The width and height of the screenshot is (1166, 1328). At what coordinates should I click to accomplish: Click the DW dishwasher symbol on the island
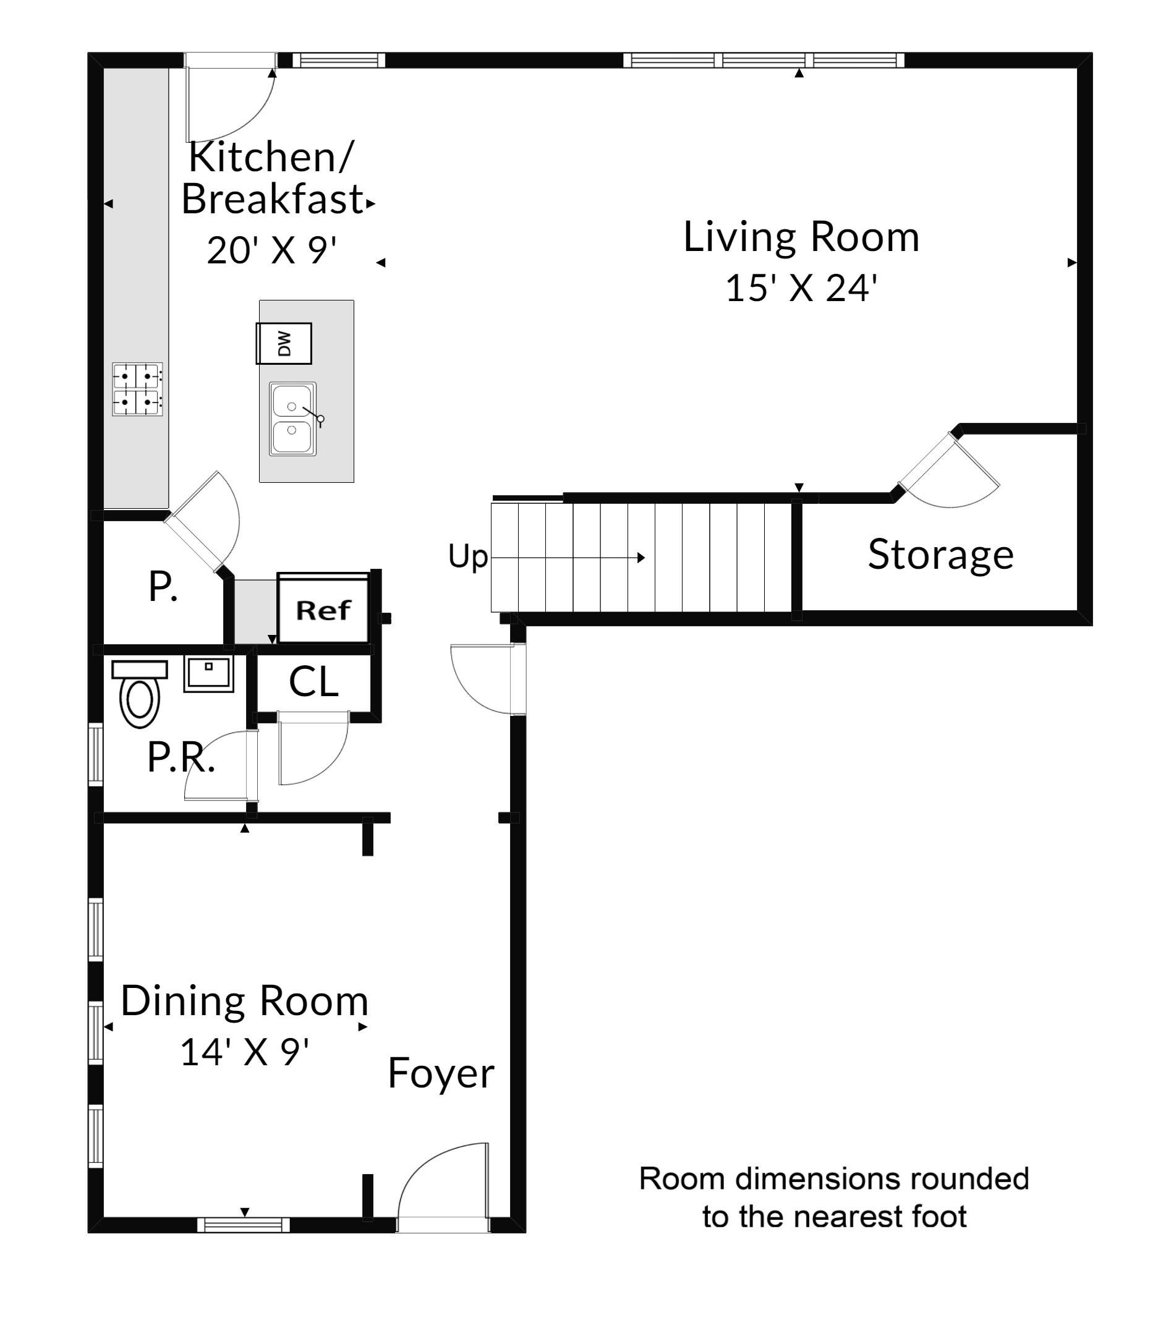[x=283, y=343]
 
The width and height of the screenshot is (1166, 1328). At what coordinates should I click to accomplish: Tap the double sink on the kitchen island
[x=293, y=419]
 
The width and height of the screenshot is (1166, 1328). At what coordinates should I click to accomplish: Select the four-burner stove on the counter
[x=137, y=389]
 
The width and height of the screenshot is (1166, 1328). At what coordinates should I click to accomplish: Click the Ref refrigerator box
[x=323, y=609]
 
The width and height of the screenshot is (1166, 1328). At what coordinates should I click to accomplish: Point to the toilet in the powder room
[x=140, y=693]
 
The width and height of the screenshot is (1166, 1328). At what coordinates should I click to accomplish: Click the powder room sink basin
[x=208, y=674]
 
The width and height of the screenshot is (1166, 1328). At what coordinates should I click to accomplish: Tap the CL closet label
[x=313, y=682]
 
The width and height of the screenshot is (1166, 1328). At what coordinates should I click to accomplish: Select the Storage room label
[x=940, y=554]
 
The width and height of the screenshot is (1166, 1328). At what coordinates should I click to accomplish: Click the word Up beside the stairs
[x=468, y=557]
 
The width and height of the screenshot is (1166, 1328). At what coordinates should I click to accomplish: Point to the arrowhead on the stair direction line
[x=641, y=558]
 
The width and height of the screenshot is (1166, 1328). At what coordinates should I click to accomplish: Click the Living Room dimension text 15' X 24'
[x=801, y=288]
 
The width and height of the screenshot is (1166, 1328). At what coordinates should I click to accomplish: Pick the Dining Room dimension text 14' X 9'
[x=244, y=1052]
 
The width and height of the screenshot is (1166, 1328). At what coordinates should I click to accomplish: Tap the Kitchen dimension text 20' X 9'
[x=271, y=250]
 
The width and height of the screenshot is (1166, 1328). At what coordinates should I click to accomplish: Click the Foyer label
[x=440, y=1073]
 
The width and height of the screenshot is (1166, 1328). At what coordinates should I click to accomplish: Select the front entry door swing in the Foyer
[x=443, y=1188]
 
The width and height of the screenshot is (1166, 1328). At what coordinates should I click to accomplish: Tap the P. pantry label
[x=163, y=587]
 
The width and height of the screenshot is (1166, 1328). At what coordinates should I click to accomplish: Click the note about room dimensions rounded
[x=834, y=1198]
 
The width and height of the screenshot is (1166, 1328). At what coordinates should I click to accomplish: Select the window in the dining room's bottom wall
[x=244, y=1225]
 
